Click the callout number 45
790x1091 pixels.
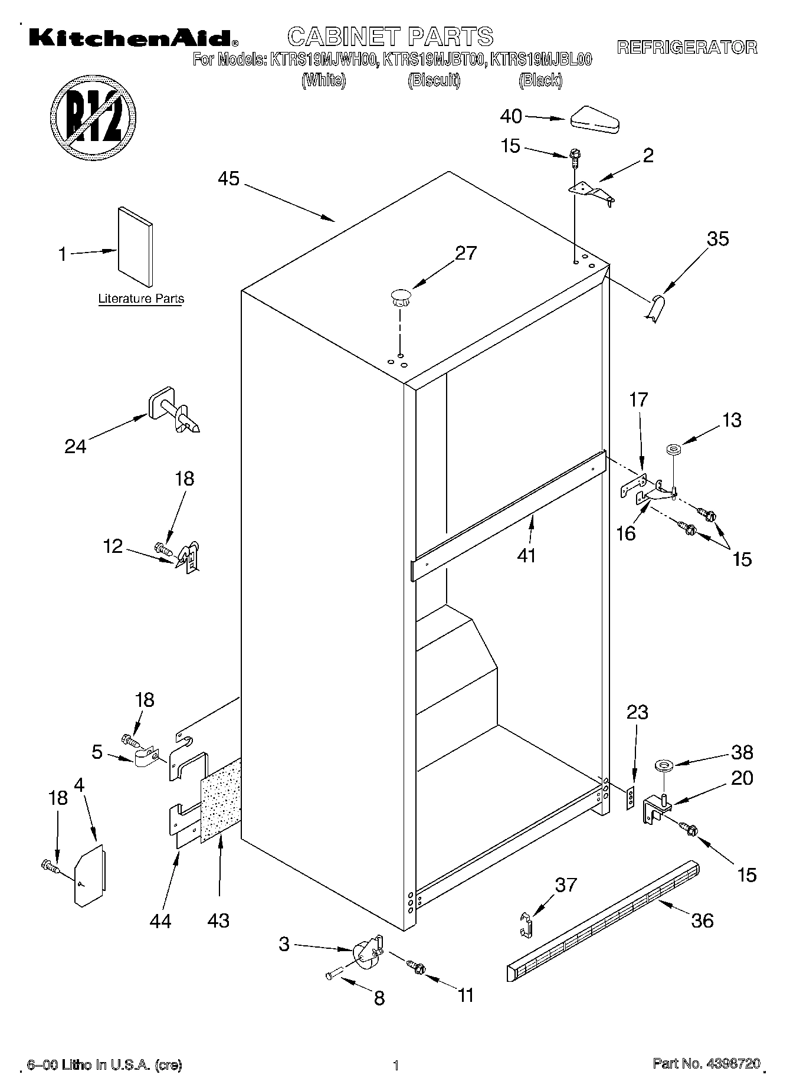[229, 178]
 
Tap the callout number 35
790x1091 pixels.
[718, 239]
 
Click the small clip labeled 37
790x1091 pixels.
[527, 924]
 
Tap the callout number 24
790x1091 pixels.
[76, 446]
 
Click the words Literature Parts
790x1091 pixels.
[141, 299]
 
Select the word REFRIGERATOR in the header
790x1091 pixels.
[687, 47]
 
